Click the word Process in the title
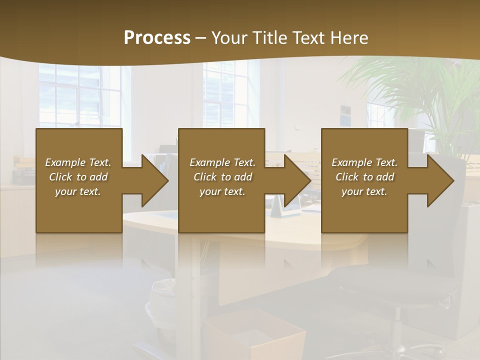157,38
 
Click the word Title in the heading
269,38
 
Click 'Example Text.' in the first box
78,162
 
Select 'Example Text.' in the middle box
222,162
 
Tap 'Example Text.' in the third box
364,162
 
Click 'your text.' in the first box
78,191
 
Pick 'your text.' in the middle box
222,191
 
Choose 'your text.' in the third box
364,191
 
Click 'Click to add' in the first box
78,177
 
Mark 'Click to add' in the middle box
222,177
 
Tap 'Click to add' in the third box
364,177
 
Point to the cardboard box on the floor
255,335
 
